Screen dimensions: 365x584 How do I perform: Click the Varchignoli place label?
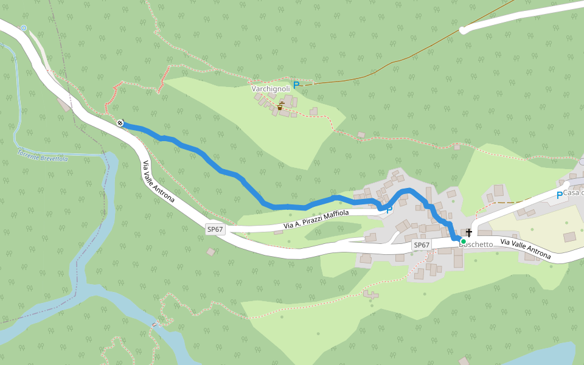point(271,89)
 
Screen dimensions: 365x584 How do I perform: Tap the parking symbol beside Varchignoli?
point(296,85)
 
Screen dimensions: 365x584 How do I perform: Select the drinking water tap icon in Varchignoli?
point(280,106)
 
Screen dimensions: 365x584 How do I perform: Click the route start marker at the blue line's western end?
point(120,123)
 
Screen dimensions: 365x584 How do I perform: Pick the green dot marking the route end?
point(463,242)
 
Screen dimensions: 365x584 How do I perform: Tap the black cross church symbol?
point(469,232)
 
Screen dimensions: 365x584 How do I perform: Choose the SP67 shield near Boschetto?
point(422,245)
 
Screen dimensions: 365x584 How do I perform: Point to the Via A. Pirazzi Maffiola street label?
point(316,221)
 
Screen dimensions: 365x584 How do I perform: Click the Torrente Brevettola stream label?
point(43,156)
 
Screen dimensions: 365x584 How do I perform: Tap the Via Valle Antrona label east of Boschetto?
point(525,249)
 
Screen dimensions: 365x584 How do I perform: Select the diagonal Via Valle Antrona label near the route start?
point(159,182)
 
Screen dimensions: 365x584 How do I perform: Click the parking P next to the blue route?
point(389,209)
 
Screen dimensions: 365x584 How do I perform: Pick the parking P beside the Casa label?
point(559,195)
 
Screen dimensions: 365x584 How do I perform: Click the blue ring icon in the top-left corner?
point(24,28)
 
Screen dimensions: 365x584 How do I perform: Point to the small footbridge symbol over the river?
point(154,324)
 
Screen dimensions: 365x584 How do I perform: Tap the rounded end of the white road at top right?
point(464,30)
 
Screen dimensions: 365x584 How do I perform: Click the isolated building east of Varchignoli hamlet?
point(361,134)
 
